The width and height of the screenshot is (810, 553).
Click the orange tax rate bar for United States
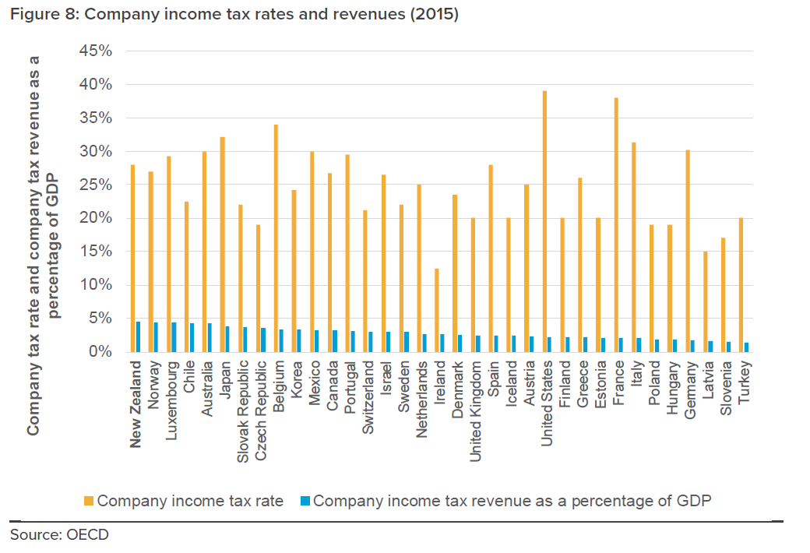click(544, 221)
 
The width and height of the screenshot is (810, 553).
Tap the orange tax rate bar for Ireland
click(437, 310)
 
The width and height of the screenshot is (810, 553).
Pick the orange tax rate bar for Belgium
click(276, 238)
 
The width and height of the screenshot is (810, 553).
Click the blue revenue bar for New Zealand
click(138, 336)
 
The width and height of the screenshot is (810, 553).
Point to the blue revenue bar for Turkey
click(747, 347)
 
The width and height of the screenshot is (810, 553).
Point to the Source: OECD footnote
click(59, 534)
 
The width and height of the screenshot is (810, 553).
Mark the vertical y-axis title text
click(43, 245)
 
